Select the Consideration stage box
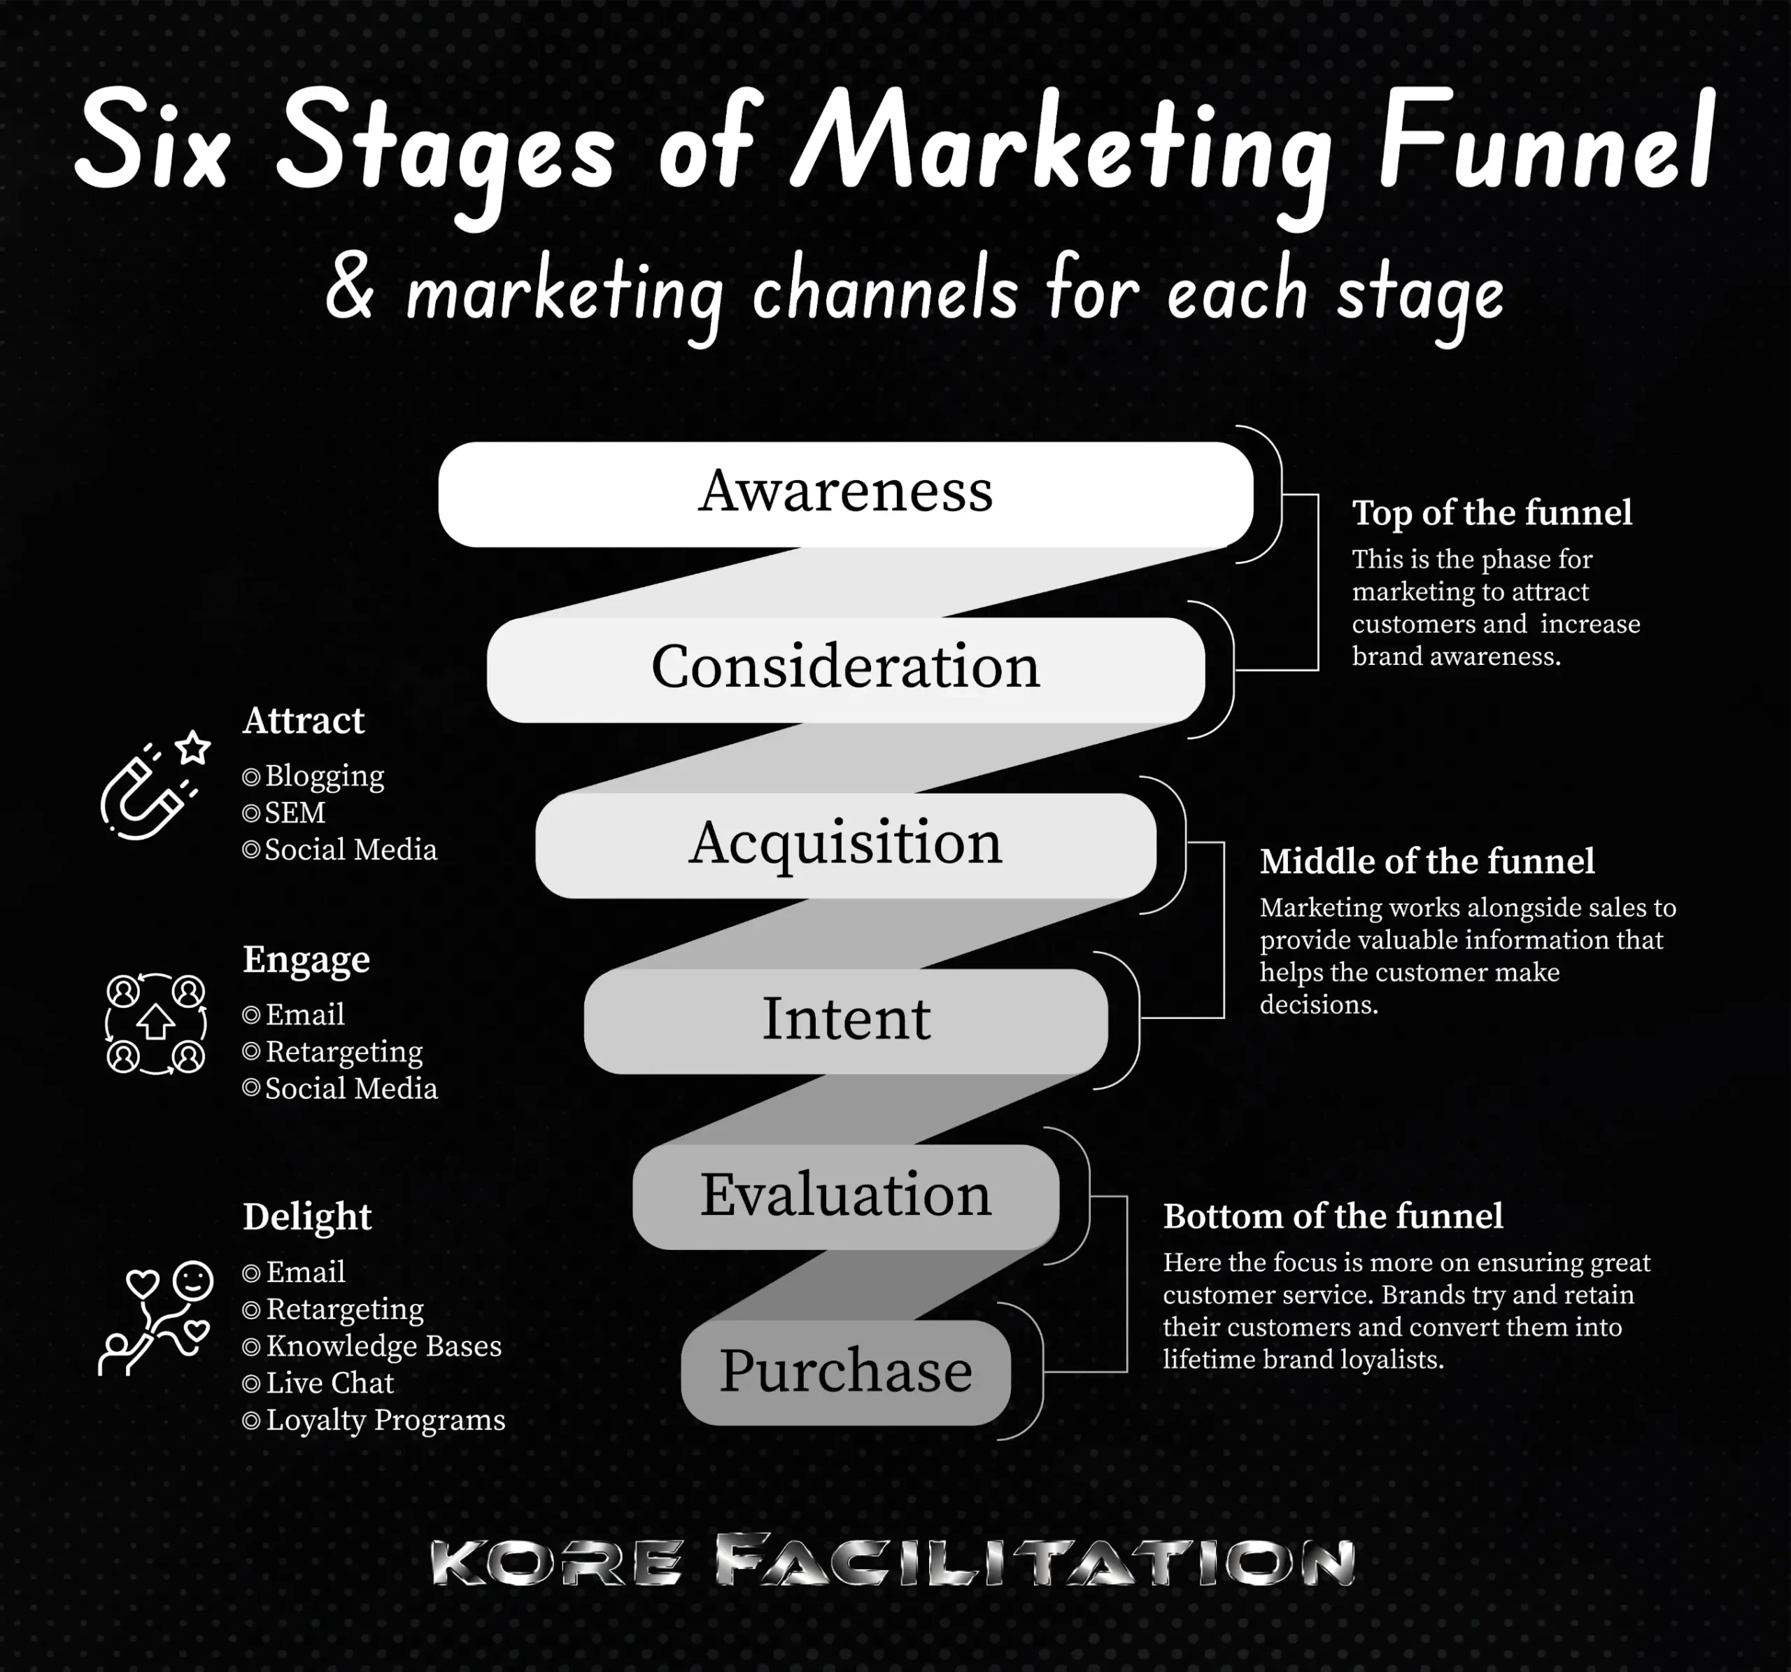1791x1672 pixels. (845, 669)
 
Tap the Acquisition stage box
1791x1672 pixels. (845, 845)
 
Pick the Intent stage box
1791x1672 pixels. (845, 1020)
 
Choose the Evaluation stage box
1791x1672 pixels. (845, 1196)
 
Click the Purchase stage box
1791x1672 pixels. (845, 1372)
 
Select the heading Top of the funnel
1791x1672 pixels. (1491, 513)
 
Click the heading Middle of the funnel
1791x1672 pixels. (1426, 862)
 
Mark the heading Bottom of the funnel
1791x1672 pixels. (1333, 1217)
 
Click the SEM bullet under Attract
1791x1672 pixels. (294, 813)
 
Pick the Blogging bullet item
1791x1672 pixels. (323, 776)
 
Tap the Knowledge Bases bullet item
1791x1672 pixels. (383, 1347)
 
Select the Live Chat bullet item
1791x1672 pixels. (329, 1384)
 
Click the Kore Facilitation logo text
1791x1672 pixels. (892, 1562)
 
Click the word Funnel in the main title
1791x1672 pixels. (1544, 144)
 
